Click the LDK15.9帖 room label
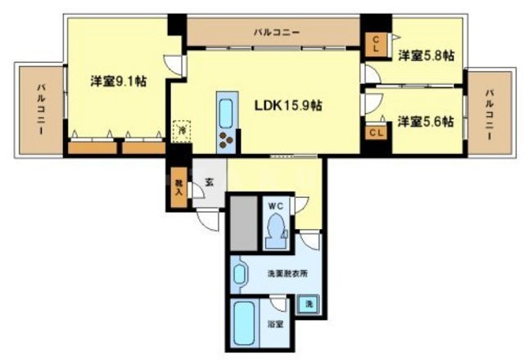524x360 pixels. click(x=287, y=106)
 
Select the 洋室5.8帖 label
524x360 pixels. click(x=427, y=56)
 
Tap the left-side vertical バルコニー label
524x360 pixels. click(x=39, y=110)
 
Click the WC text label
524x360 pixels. click(x=276, y=205)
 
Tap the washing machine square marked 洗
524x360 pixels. click(x=309, y=304)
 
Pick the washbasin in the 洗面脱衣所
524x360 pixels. click(x=240, y=273)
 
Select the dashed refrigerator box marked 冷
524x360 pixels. click(x=182, y=128)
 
